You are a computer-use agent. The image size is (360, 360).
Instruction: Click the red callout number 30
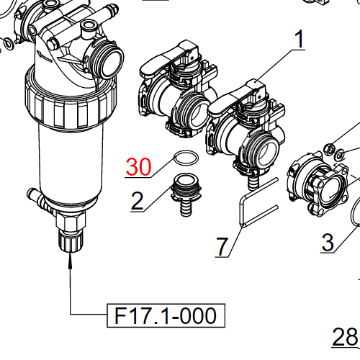(x=138, y=167)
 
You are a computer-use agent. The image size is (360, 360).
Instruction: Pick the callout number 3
(x=328, y=242)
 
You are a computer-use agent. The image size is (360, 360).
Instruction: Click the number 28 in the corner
(x=345, y=336)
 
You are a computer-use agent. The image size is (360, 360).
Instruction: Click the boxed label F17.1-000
(x=166, y=315)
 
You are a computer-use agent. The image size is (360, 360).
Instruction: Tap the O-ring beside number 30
(x=185, y=159)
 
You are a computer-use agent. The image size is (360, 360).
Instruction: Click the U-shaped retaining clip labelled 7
(x=248, y=205)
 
